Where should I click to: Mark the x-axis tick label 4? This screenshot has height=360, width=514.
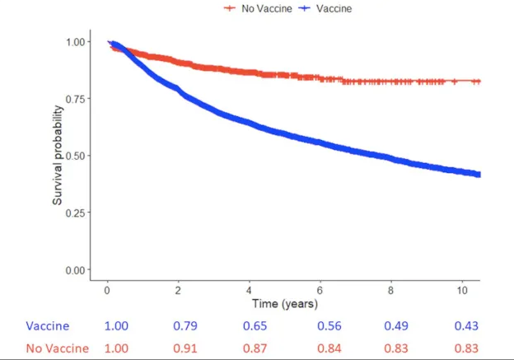(x=250, y=290)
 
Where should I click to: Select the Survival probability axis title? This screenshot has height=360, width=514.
(x=58, y=155)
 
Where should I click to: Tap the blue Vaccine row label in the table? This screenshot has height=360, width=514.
(x=48, y=326)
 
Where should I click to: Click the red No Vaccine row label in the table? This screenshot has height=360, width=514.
(x=58, y=348)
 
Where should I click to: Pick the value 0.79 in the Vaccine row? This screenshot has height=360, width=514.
(x=186, y=326)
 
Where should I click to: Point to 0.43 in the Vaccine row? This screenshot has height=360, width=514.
(x=465, y=326)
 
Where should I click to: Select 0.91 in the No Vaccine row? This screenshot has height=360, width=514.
(x=186, y=348)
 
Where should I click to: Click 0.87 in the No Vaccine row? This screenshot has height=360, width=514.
(x=256, y=348)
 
